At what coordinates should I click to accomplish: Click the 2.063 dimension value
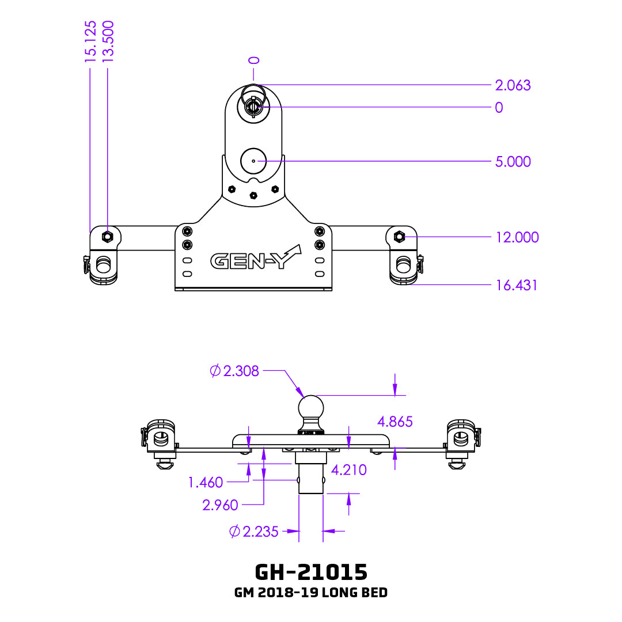click(513, 85)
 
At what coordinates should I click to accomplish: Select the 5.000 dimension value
click(513, 162)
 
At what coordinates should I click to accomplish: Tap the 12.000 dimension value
click(517, 237)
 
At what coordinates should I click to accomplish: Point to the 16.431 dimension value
click(516, 285)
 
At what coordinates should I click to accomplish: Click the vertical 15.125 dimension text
click(90, 41)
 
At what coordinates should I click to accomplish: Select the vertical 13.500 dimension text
click(108, 41)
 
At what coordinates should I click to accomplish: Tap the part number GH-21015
click(311, 572)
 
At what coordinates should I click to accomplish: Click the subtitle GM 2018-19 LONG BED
click(311, 593)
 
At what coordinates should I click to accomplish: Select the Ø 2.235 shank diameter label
click(254, 532)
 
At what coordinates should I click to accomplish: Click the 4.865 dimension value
click(395, 422)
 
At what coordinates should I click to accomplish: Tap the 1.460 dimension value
click(206, 483)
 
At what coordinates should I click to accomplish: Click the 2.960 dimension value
click(220, 506)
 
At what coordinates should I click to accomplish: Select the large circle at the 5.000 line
click(253, 161)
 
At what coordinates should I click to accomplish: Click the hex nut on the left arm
click(107, 236)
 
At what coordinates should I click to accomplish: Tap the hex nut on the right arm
click(399, 236)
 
